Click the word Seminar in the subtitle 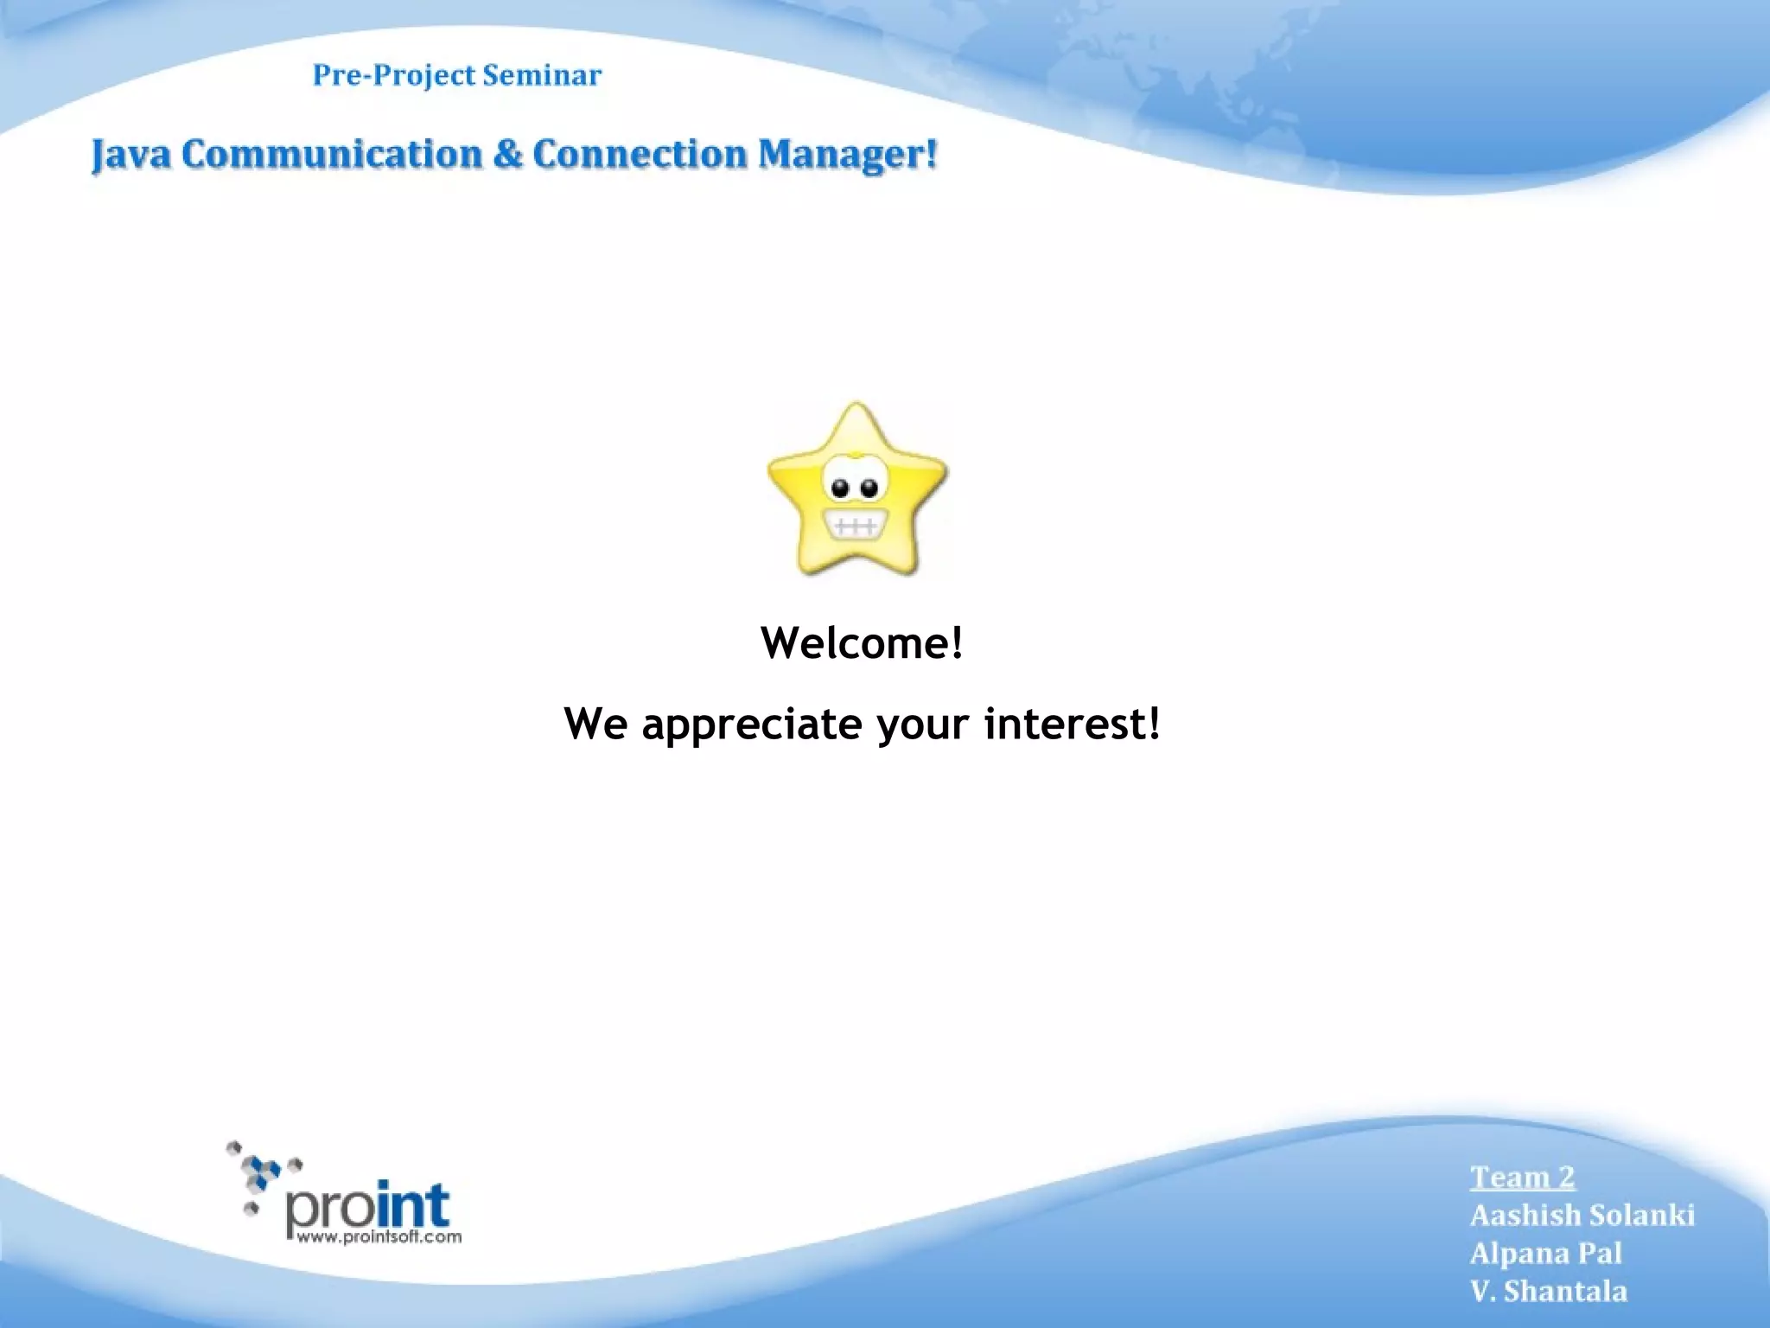541,75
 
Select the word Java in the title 131,156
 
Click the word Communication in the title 331,155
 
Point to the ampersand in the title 507,155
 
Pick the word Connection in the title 640,155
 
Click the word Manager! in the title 848,156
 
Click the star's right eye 869,488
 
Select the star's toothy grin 854,526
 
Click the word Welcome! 862,642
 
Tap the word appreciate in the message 751,725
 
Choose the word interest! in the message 1072,723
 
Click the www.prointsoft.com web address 379,1237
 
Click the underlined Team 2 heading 1523,1177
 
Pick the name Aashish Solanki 1582,1215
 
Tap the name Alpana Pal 1546,1253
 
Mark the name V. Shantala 1549,1291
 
